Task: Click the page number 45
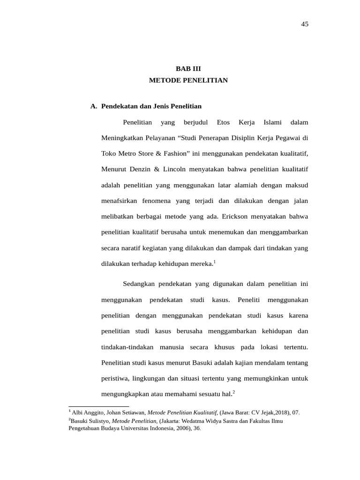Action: coord(305,24)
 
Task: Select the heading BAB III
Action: coord(188,68)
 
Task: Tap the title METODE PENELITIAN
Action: coord(188,81)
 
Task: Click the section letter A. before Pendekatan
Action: coord(93,106)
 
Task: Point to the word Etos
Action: coord(224,123)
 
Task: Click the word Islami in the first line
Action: coord(273,123)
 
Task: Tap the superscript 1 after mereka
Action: coord(214,261)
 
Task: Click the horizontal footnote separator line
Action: coord(98,406)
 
